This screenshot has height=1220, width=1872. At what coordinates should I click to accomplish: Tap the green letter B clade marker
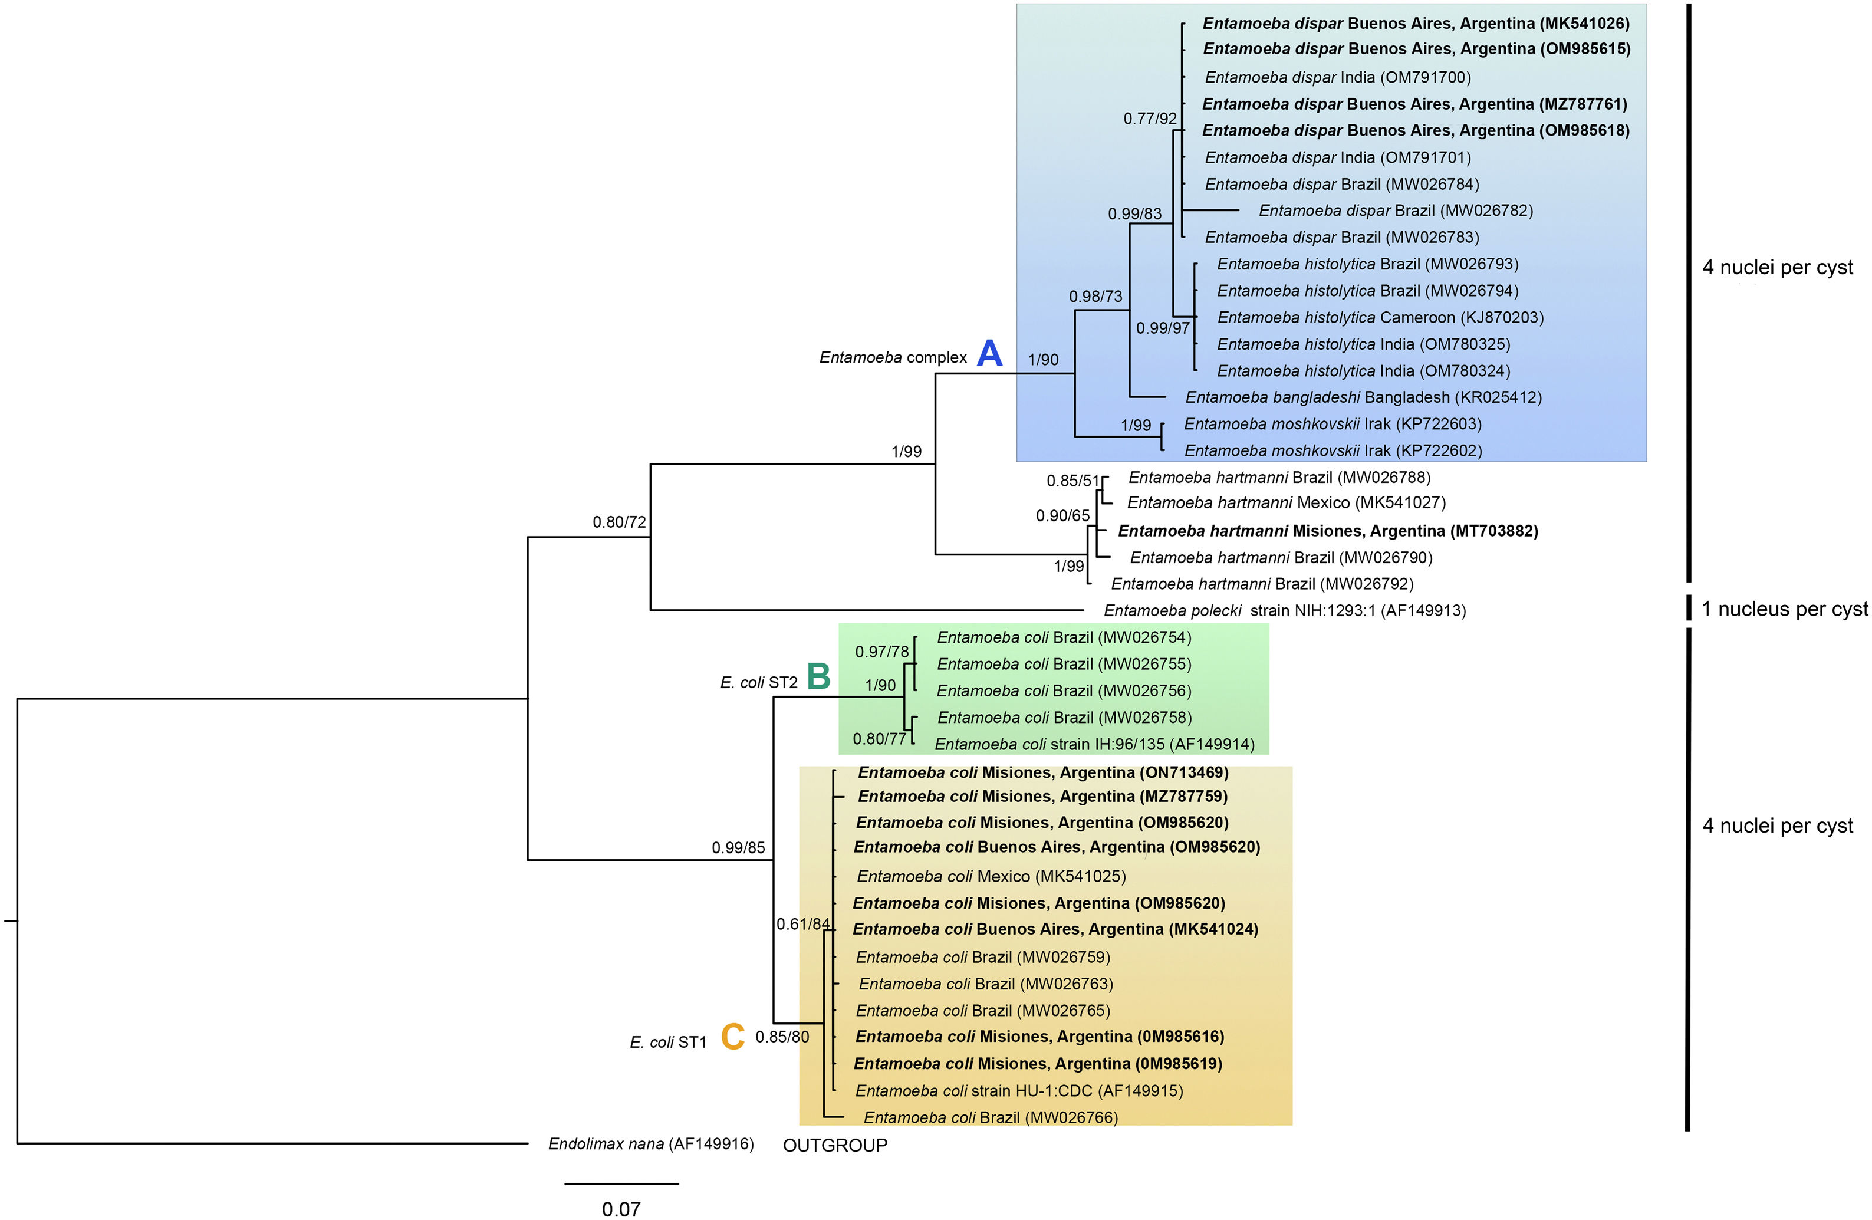(x=819, y=676)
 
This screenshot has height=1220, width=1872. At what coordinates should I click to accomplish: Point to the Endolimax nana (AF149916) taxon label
(x=650, y=1144)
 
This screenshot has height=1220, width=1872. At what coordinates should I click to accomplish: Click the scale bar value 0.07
(x=621, y=1209)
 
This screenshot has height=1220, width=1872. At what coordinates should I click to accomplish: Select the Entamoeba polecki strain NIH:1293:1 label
(x=1284, y=610)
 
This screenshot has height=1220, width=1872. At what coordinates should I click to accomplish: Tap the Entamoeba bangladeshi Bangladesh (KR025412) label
(x=1363, y=397)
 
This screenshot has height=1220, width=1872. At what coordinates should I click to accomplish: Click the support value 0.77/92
(x=1149, y=119)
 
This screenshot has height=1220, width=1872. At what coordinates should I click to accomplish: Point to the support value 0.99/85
(x=738, y=847)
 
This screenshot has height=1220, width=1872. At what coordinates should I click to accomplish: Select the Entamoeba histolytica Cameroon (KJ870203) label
(x=1380, y=318)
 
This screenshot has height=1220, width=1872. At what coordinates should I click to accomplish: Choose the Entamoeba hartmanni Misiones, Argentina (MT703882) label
(x=1328, y=531)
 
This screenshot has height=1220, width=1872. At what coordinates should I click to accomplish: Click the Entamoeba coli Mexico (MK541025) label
(x=991, y=876)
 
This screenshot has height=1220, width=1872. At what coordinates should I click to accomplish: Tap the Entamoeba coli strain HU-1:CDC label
(x=1019, y=1090)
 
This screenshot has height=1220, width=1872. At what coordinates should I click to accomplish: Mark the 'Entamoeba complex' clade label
(x=893, y=357)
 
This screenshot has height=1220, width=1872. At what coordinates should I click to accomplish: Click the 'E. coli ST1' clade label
(x=668, y=1043)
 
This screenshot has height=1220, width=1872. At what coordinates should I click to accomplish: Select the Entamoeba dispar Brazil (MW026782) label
(x=1396, y=211)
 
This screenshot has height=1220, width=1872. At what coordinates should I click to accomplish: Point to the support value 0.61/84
(x=802, y=923)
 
